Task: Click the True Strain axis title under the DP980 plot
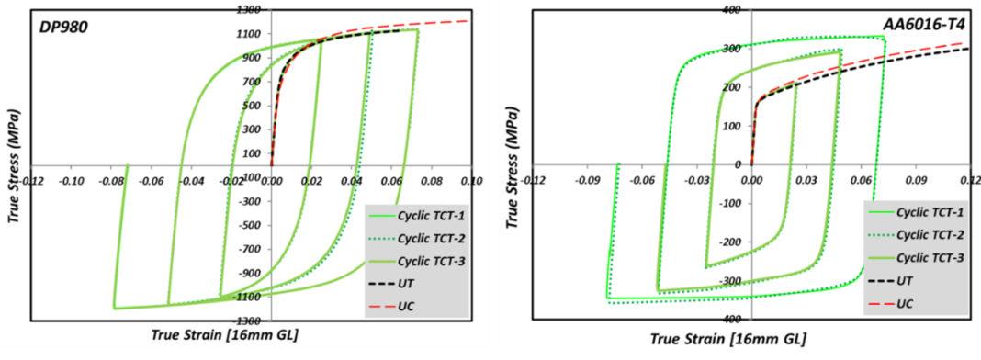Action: [x=224, y=336]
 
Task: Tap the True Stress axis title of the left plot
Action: [x=12, y=165]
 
